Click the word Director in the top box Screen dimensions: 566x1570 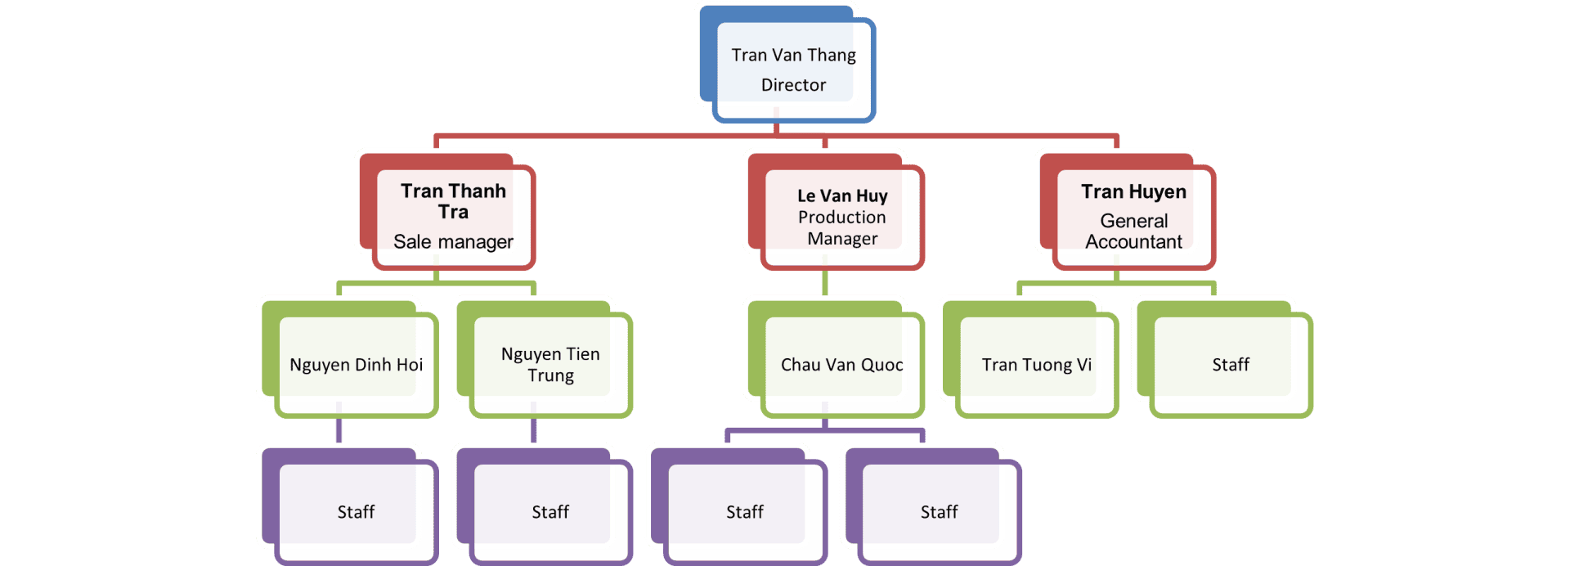click(x=793, y=85)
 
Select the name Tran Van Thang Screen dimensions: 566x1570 click(x=793, y=55)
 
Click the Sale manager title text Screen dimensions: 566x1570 click(x=453, y=242)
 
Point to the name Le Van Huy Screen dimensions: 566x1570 click(x=842, y=196)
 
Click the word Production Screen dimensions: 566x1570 click(x=842, y=218)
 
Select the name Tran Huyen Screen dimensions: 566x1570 click(x=1133, y=192)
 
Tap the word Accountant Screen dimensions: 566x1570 click(x=1133, y=242)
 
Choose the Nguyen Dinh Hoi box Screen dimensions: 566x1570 click(x=356, y=365)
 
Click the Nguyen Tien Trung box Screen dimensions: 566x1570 click(x=550, y=365)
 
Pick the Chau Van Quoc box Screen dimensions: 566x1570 click(x=842, y=365)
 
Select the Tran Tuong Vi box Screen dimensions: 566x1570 click(x=1036, y=365)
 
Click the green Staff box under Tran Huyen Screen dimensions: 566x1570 click(x=1231, y=365)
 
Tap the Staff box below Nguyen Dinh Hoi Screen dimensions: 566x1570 click(x=356, y=512)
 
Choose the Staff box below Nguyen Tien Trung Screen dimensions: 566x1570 click(x=550, y=512)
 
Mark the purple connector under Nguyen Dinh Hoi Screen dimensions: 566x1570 click(x=339, y=430)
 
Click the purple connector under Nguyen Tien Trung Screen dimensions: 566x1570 click(x=534, y=430)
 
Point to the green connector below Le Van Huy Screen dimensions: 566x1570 click(x=824, y=283)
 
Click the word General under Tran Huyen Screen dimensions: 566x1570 click(x=1133, y=221)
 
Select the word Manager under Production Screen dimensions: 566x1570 click(x=842, y=239)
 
